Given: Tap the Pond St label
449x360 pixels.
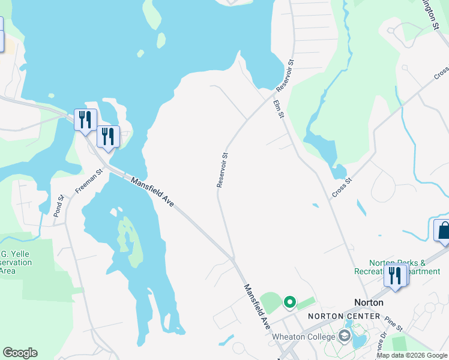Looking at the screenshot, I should click(58, 205).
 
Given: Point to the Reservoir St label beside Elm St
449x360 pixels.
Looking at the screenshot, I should click(285, 75).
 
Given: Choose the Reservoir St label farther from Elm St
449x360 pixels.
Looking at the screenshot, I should click(222, 170).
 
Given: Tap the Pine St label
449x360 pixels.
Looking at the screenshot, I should click(394, 324).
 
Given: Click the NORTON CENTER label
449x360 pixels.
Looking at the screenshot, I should click(344, 316).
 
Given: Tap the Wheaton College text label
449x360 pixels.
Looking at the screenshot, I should click(304, 337).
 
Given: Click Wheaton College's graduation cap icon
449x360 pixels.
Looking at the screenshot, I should click(346, 337).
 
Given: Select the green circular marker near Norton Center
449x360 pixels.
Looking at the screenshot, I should click(290, 302).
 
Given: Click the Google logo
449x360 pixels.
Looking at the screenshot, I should click(20, 353).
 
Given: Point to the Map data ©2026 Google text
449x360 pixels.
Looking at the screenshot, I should click(412, 355).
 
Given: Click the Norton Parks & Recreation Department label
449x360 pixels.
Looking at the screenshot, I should click(406, 267).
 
